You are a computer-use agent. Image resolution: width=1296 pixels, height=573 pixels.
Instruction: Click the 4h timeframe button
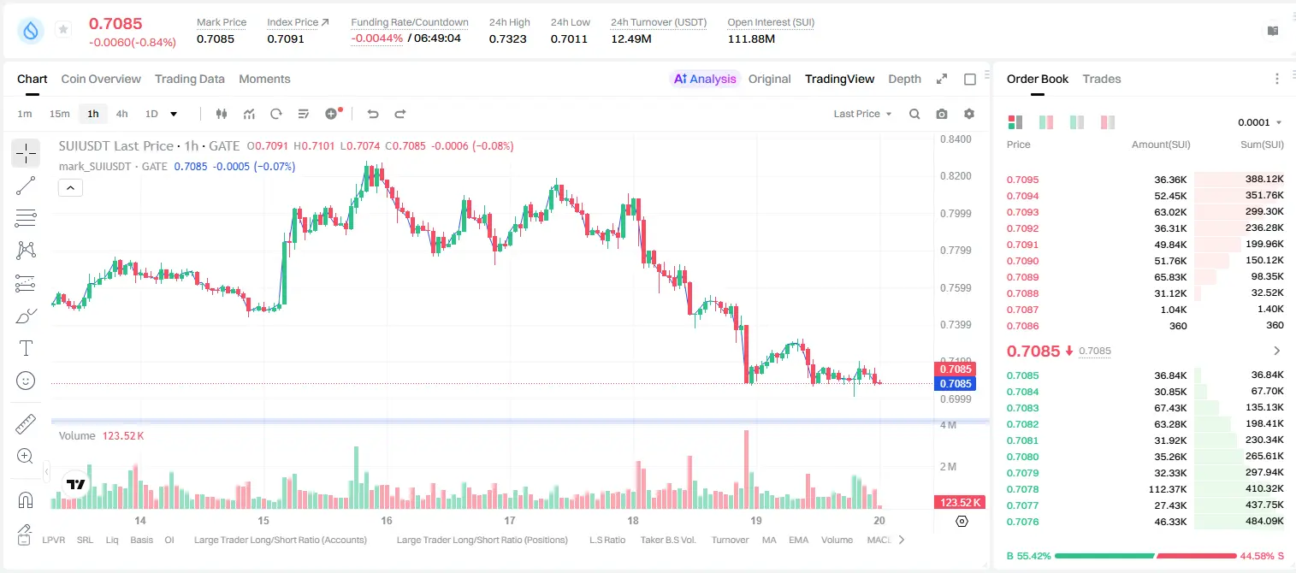pyautogui.click(x=121, y=114)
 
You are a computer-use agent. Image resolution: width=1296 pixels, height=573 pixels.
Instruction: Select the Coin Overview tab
pyautogui.click(x=101, y=79)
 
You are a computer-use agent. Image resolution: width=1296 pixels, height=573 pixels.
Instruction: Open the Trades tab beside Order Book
pyautogui.click(x=1101, y=79)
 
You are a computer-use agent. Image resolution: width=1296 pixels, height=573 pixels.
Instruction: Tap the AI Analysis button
pyautogui.click(x=705, y=79)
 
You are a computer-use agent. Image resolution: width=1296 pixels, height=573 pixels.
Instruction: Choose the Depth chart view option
pyautogui.click(x=904, y=79)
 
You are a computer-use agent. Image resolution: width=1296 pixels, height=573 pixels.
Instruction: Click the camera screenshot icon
pyautogui.click(x=941, y=114)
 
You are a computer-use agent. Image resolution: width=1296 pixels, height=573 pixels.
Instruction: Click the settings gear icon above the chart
pyautogui.click(x=969, y=114)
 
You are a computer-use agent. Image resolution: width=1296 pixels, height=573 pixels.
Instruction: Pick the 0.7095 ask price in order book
pyautogui.click(x=1022, y=180)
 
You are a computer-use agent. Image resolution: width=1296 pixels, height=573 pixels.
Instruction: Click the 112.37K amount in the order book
pyautogui.click(x=1167, y=489)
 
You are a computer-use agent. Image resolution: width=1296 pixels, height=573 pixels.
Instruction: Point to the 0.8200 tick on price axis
pyautogui.click(x=956, y=176)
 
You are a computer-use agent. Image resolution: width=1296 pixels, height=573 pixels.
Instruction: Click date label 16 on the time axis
pyautogui.click(x=387, y=520)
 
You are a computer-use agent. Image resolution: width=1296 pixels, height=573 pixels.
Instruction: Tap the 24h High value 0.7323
pyautogui.click(x=507, y=38)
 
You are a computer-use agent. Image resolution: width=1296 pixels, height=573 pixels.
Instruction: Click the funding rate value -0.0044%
pyautogui.click(x=376, y=38)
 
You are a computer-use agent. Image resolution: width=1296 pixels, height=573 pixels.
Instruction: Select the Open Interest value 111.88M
pyautogui.click(x=751, y=38)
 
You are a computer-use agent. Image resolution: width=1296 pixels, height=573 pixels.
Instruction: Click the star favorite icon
pyautogui.click(x=63, y=29)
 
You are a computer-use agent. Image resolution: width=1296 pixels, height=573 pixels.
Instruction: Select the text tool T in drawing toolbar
pyautogui.click(x=26, y=348)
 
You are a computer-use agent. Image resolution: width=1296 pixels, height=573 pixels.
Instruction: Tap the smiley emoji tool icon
pyautogui.click(x=26, y=381)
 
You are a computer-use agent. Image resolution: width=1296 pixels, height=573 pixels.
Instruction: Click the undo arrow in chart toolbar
pyautogui.click(x=373, y=114)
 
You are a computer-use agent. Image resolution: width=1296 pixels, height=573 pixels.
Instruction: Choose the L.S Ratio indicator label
pyautogui.click(x=607, y=540)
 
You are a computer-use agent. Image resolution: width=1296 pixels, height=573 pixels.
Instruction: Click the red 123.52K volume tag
pyautogui.click(x=959, y=503)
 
